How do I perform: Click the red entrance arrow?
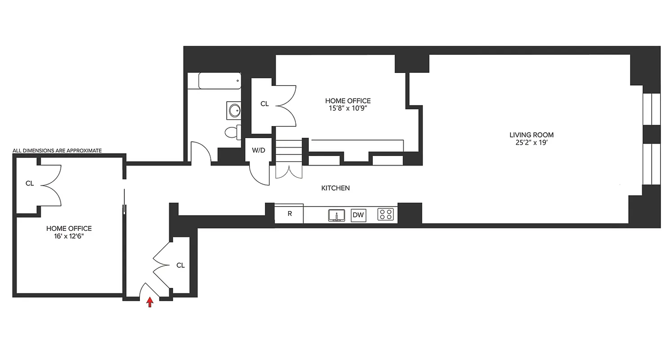click(150, 302)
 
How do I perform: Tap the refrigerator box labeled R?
click(289, 214)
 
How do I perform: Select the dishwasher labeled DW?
click(358, 215)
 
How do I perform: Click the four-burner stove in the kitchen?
click(385, 215)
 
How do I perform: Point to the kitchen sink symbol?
click(336, 215)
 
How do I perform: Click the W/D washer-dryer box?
click(258, 150)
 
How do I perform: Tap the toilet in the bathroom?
click(232, 132)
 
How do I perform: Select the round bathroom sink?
click(233, 110)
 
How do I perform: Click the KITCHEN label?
click(335, 188)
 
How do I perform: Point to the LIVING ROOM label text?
click(531, 135)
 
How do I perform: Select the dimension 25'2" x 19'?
click(531, 142)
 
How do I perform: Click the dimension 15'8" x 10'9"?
click(348, 108)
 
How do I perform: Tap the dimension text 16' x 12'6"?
click(69, 236)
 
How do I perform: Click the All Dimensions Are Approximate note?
click(57, 150)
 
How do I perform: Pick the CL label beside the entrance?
click(180, 265)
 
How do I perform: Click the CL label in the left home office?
click(30, 183)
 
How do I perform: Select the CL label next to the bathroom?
click(264, 104)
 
